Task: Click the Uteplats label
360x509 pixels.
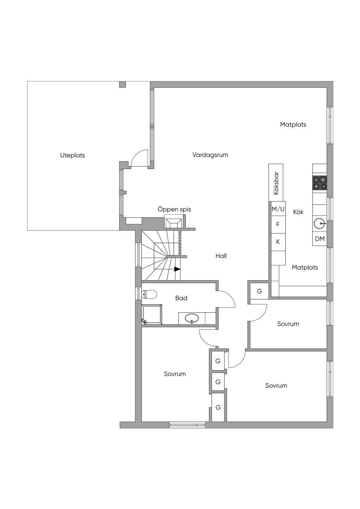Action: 72,155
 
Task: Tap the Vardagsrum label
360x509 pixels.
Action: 210,155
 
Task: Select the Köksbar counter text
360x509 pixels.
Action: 276,183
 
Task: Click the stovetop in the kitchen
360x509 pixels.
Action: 320,183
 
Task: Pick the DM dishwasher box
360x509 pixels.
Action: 320,239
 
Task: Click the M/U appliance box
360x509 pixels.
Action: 278,209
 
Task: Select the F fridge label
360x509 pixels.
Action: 278,225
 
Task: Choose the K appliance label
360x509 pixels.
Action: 278,242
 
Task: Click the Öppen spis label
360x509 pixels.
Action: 174,209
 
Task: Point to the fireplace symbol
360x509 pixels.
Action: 173,223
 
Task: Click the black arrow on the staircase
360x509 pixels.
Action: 177,269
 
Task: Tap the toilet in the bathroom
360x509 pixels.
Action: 149,295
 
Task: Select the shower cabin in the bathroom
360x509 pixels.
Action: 152,314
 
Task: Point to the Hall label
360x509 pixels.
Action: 221,256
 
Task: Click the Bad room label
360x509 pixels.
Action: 181,298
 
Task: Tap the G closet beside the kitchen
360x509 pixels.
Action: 259,291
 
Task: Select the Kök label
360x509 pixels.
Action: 298,212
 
